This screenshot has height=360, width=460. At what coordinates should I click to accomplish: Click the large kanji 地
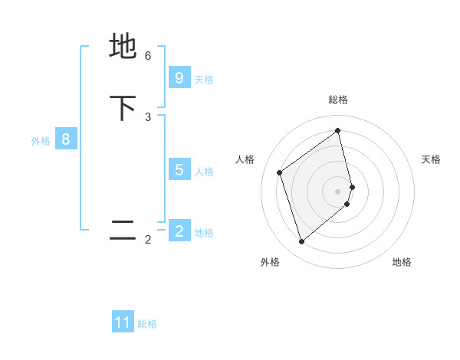pyautogui.click(x=123, y=46)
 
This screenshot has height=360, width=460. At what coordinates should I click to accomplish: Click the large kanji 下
pyautogui.click(x=123, y=108)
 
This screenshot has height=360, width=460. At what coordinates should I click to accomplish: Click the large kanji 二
pyautogui.click(x=123, y=231)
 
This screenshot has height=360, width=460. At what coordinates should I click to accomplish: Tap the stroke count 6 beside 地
pyautogui.click(x=148, y=55)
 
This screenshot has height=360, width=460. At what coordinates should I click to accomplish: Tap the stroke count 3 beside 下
pyautogui.click(x=148, y=116)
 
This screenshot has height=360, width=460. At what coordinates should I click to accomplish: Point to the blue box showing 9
pyautogui.click(x=179, y=78)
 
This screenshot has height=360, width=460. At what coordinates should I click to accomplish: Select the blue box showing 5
pyautogui.click(x=179, y=169)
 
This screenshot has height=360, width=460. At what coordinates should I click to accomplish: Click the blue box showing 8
pyautogui.click(x=66, y=139)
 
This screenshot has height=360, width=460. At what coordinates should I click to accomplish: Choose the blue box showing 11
pyautogui.click(x=123, y=322)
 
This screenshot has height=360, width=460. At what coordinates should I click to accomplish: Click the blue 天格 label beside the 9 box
pyautogui.click(x=204, y=80)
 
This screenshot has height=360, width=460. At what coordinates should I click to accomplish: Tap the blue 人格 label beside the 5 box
pyautogui.click(x=204, y=171)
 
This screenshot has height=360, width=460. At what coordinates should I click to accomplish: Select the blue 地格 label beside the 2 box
pyautogui.click(x=204, y=233)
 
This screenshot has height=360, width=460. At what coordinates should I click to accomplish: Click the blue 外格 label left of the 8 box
pyautogui.click(x=41, y=141)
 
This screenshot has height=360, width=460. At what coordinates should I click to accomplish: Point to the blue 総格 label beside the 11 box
pyautogui.click(x=147, y=324)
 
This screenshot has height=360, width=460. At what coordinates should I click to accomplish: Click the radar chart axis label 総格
pyautogui.click(x=338, y=100)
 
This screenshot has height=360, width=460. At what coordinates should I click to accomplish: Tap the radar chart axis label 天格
pyautogui.click(x=431, y=159)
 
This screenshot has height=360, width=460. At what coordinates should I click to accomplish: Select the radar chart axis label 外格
pyautogui.click(x=270, y=262)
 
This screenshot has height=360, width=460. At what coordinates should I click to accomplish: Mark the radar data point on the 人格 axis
pyautogui.click(x=280, y=172)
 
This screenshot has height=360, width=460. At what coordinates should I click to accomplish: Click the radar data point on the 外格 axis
pyautogui.click(x=301, y=242)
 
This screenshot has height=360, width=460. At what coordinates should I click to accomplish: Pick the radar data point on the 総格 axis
pyautogui.click(x=338, y=130)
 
